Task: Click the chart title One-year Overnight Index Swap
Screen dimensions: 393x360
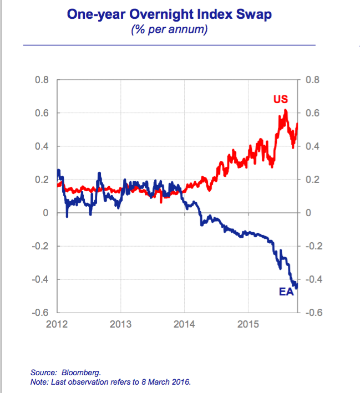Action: [169, 14]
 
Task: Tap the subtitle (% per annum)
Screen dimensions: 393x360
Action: [169, 29]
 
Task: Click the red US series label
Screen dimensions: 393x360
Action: [281, 100]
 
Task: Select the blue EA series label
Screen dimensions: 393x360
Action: [286, 291]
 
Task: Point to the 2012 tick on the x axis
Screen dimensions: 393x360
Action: [57, 324]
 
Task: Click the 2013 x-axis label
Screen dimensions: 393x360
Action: [120, 324]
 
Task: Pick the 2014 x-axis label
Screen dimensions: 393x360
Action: [184, 324]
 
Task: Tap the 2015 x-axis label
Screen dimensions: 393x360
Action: [247, 324]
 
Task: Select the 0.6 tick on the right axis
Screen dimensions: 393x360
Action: [313, 113]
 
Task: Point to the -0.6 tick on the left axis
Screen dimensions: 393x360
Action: [40, 313]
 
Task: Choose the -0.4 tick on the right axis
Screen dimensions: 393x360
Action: [311, 279]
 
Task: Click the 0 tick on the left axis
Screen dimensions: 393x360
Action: [46, 213]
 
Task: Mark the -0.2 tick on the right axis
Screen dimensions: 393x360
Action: [311, 246]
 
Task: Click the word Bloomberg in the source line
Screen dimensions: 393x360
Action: [82, 373]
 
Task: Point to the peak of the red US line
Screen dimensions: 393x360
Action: [285, 110]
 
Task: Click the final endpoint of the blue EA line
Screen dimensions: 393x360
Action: [297, 285]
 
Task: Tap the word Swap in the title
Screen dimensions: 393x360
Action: [255, 14]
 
